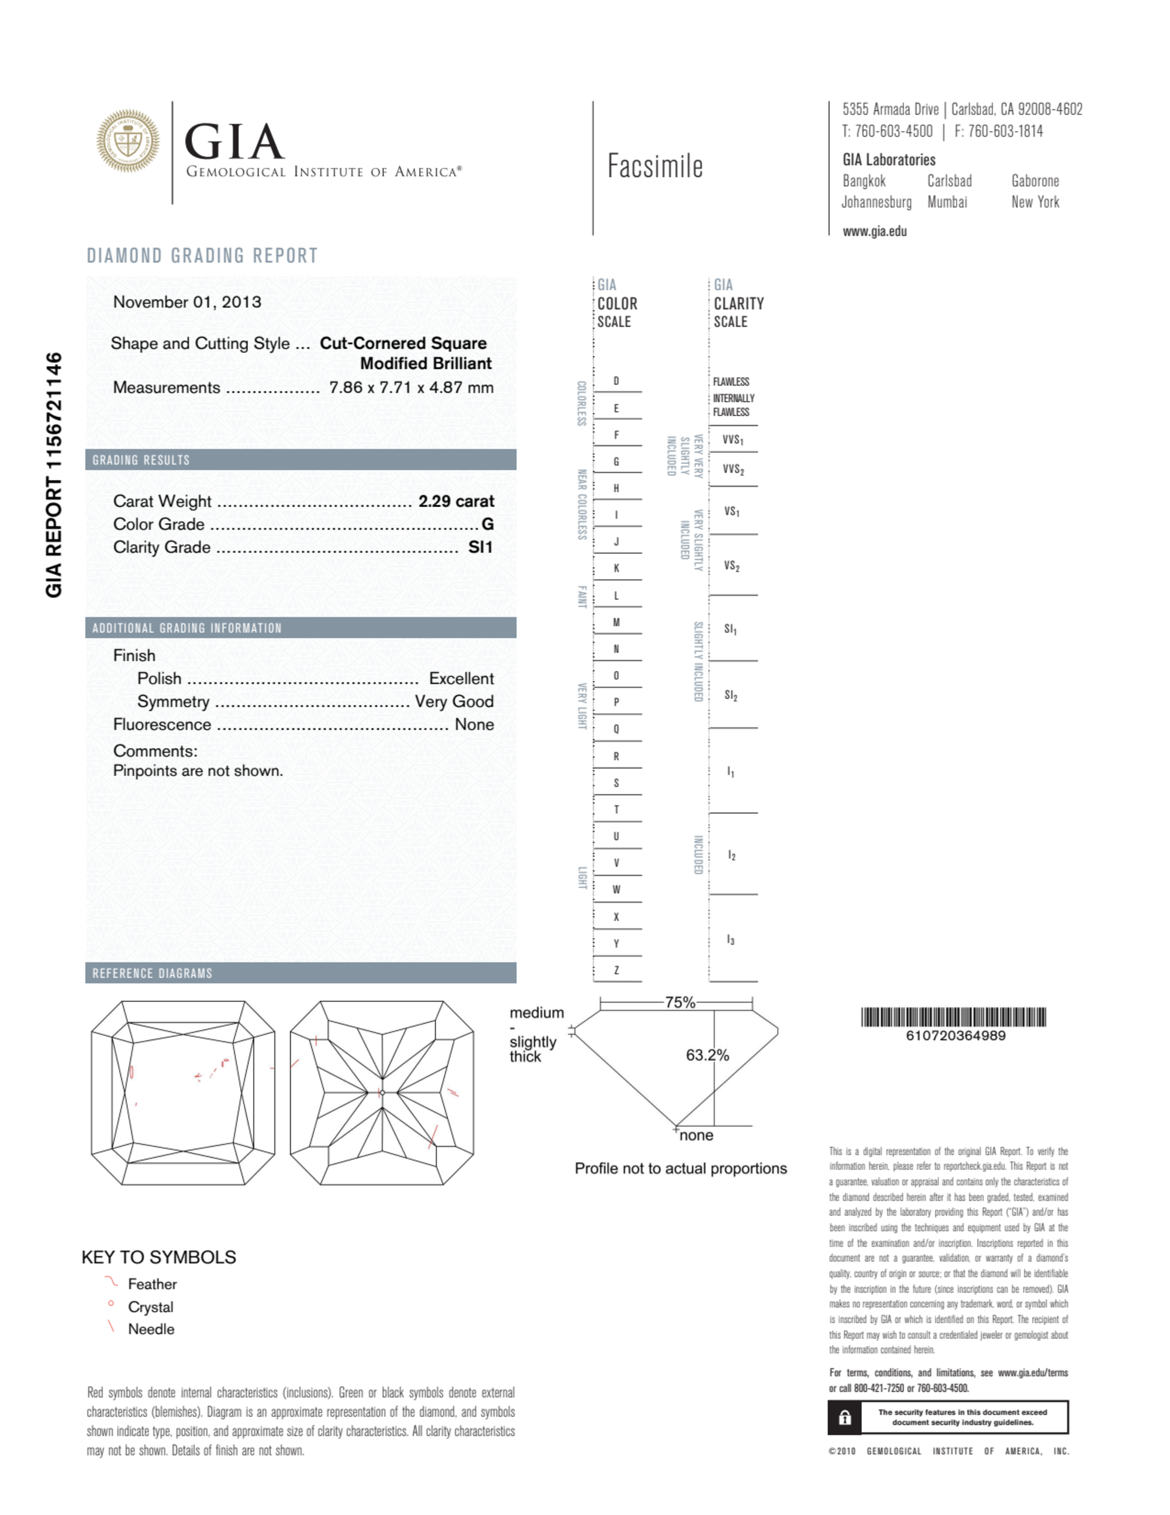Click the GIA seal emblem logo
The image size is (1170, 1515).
click(x=127, y=141)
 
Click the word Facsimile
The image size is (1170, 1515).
click(x=655, y=167)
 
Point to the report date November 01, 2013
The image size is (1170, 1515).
click(x=187, y=302)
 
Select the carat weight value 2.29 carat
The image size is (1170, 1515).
click(x=455, y=501)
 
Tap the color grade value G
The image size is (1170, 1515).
click(x=488, y=525)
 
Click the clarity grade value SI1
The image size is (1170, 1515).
click(x=480, y=548)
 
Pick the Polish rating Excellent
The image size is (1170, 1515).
click(x=461, y=679)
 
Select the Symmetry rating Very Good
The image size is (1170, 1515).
click(x=454, y=701)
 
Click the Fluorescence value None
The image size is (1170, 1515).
click(x=474, y=724)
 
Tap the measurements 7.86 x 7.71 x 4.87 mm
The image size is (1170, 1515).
click(x=411, y=387)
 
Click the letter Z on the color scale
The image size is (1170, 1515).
click(x=616, y=970)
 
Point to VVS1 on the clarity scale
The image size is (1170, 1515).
click(x=733, y=440)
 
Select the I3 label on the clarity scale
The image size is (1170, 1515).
click(x=730, y=940)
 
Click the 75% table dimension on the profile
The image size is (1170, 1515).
click(x=679, y=1003)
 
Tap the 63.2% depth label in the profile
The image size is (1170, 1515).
click(x=707, y=1055)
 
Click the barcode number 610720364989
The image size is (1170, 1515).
click(x=955, y=1036)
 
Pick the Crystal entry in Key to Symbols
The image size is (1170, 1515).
click(x=150, y=1307)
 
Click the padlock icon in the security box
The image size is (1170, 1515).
click(x=845, y=1418)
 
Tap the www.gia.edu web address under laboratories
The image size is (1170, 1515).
click(x=875, y=232)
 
